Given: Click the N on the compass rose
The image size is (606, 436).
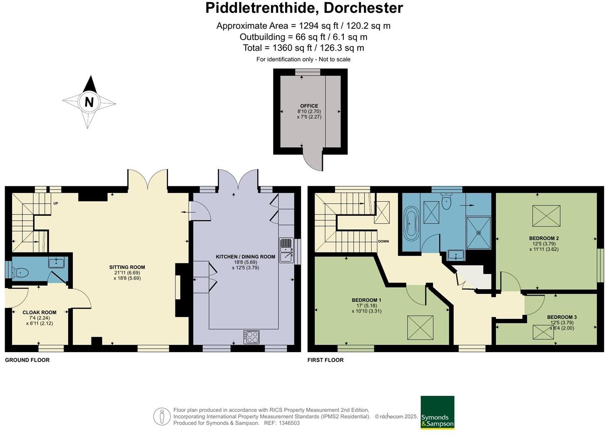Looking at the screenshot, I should (x=89, y=102).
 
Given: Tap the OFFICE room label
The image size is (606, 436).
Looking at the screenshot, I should (x=309, y=106).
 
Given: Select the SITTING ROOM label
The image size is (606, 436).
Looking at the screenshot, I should (x=127, y=267).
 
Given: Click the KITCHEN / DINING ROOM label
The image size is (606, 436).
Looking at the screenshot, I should (x=245, y=257).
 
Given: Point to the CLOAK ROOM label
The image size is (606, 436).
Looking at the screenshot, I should (x=39, y=312).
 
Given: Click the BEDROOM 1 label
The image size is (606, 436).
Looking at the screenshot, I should (x=366, y=300).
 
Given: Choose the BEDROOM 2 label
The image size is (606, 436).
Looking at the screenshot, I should (x=544, y=238).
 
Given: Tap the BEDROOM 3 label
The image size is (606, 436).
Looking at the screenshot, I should (x=562, y=317).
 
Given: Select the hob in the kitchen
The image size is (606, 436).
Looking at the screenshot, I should (x=251, y=336).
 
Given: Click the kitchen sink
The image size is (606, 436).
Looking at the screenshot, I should (x=286, y=250).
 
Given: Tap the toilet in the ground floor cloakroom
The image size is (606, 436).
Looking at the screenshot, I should (x=20, y=273).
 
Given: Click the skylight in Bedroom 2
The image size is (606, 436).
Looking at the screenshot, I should (x=546, y=216).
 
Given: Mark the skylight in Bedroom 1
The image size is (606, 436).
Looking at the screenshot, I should (x=420, y=328).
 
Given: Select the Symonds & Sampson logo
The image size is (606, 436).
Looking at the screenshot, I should (x=437, y=412).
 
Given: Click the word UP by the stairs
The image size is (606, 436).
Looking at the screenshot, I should (x=55, y=203).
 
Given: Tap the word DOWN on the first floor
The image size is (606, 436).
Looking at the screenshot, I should (x=383, y=241).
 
